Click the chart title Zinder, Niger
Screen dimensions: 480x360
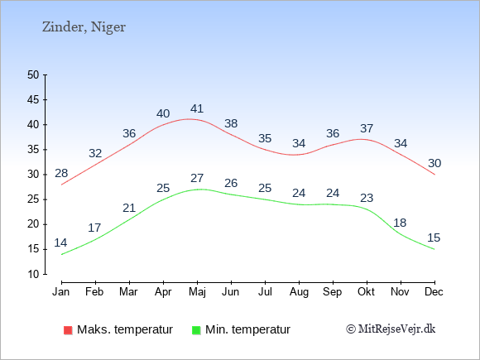(84, 27)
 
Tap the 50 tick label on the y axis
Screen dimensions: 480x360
(33, 74)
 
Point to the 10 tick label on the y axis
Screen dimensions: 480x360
(33, 274)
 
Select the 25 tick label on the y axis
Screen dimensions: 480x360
(33, 199)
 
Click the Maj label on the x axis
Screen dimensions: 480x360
(197, 292)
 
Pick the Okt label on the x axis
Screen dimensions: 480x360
(366, 291)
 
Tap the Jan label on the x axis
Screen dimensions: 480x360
(61, 291)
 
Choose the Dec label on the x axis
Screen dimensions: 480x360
(434, 291)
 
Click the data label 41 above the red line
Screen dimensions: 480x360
(197, 108)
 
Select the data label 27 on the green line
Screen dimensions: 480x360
(197, 178)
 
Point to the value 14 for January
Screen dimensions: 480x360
(60, 242)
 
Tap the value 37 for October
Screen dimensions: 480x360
(367, 128)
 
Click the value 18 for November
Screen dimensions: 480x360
(400, 223)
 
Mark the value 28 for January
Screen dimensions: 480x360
(61, 173)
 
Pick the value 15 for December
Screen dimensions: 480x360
(434, 238)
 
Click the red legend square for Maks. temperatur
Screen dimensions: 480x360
(68, 330)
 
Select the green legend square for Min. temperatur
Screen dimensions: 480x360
(196, 330)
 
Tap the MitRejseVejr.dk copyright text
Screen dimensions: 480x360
(391, 329)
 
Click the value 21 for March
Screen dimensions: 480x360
(129, 208)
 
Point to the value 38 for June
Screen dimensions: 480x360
(231, 123)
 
